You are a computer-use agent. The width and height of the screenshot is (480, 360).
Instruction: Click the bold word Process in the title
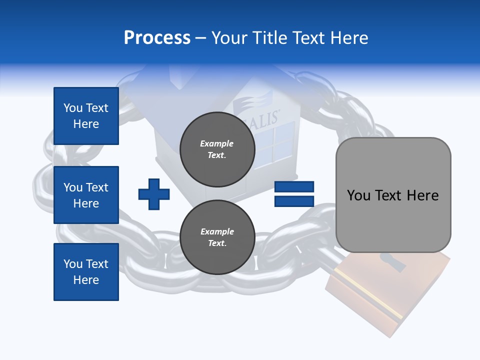(x=157, y=38)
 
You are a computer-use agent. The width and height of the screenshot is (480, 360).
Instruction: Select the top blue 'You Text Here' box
(x=86, y=116)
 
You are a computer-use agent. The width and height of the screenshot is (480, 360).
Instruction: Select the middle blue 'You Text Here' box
(x=86, y=195)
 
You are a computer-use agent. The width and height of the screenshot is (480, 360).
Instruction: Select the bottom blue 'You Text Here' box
(x=86, y=272)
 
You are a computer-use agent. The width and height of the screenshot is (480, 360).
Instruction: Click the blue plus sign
(x=154, y=194)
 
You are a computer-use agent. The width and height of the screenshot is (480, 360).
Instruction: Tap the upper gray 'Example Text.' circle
(x=217, y=149)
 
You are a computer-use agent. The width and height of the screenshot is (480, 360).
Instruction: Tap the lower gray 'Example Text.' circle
(x=217, y=237)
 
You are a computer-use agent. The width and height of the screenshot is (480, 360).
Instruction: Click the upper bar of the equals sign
(x=294, y=187)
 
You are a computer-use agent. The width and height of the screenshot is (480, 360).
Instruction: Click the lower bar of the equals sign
(x=294, y=201)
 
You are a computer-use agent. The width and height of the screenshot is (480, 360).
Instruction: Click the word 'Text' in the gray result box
(x=392, y=195)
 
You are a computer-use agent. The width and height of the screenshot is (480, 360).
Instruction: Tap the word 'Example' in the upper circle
(x=217, y=144)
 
